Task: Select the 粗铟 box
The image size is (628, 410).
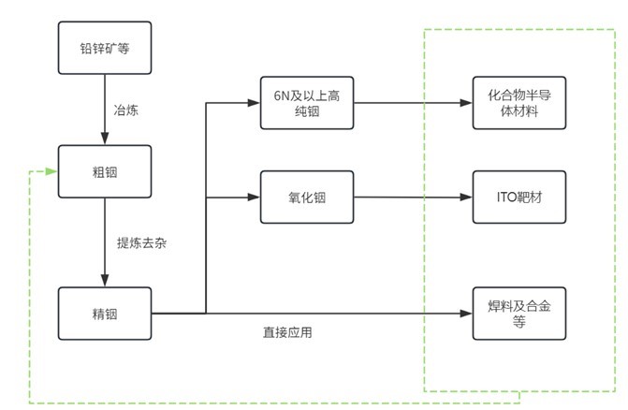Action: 104,171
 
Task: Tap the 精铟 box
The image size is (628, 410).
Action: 104,314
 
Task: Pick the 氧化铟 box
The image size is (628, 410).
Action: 308,198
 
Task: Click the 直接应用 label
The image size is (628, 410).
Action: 286,332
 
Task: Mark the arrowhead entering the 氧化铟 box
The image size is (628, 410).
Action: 255,198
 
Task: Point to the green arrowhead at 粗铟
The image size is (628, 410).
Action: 52,171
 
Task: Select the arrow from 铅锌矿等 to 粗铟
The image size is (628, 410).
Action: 104,110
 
